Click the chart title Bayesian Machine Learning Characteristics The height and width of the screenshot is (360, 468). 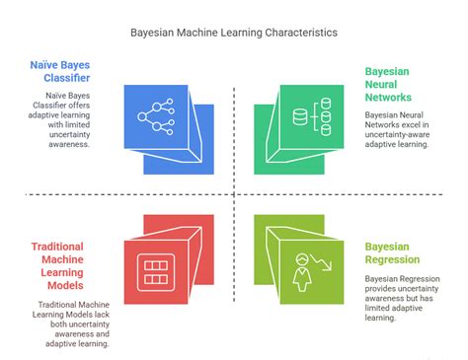coord(234,33)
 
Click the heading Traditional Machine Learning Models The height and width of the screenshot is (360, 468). coord(68,263)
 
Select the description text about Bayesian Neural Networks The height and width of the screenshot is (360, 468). coord(401,129)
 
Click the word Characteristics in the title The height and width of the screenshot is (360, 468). coord(297,33)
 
